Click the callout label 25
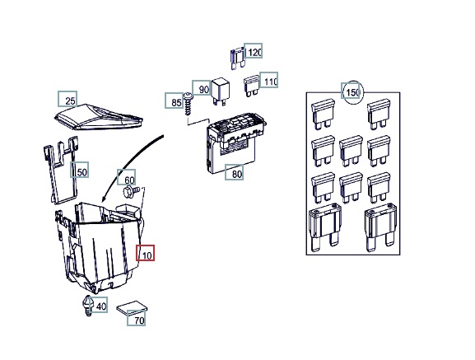68,99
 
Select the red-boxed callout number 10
145,253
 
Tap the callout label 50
80,170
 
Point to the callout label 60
127,177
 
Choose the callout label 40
99,305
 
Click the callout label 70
137,318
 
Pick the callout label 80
234,172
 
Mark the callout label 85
175,101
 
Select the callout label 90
201,88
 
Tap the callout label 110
269,80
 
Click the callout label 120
254,51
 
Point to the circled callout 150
352,92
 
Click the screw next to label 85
189,104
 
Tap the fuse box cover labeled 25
99,117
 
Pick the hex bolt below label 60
131,192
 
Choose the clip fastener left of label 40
87,306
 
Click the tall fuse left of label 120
237,58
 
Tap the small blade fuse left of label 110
251,86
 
